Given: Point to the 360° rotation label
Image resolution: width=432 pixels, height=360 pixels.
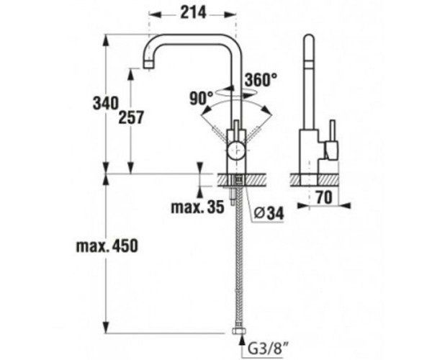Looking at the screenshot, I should pyautogui.click(x=260, y=80).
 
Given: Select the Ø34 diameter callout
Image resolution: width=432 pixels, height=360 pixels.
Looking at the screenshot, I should pyautogui.click(x=268, y=214).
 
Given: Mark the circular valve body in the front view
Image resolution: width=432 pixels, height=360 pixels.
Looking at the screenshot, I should pyautogui.click(x=236, y=150).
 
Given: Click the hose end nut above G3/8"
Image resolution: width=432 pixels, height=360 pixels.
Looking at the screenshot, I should pyautogui.click(x=237, y=333).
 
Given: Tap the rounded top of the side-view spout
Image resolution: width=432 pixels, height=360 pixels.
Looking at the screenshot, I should pyautogui.click(x=307, y=40).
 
